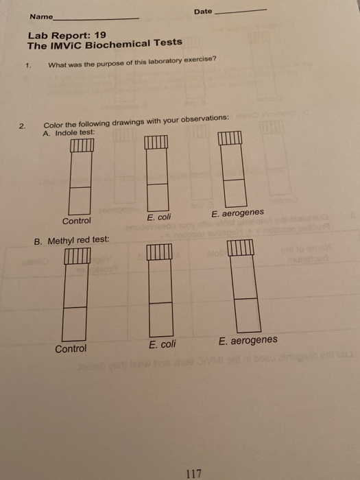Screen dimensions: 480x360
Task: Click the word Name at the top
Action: coord(40,16)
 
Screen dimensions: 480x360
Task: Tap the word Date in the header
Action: coord(203,12)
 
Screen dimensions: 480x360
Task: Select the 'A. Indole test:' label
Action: coord(68,132)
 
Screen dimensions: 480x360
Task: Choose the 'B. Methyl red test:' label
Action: coord(72,241)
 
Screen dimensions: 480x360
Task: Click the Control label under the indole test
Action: coord(76,221)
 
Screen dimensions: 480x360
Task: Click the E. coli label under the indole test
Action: coord(160,217)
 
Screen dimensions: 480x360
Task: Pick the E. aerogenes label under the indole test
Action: coord(237,213)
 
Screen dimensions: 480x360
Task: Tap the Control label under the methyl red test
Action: coord(71,348)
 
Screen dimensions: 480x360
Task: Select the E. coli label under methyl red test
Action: coord(163,344)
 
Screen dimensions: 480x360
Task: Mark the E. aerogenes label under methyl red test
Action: coord(248,340)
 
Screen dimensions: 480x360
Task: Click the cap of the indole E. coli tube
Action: coord(156,143)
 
